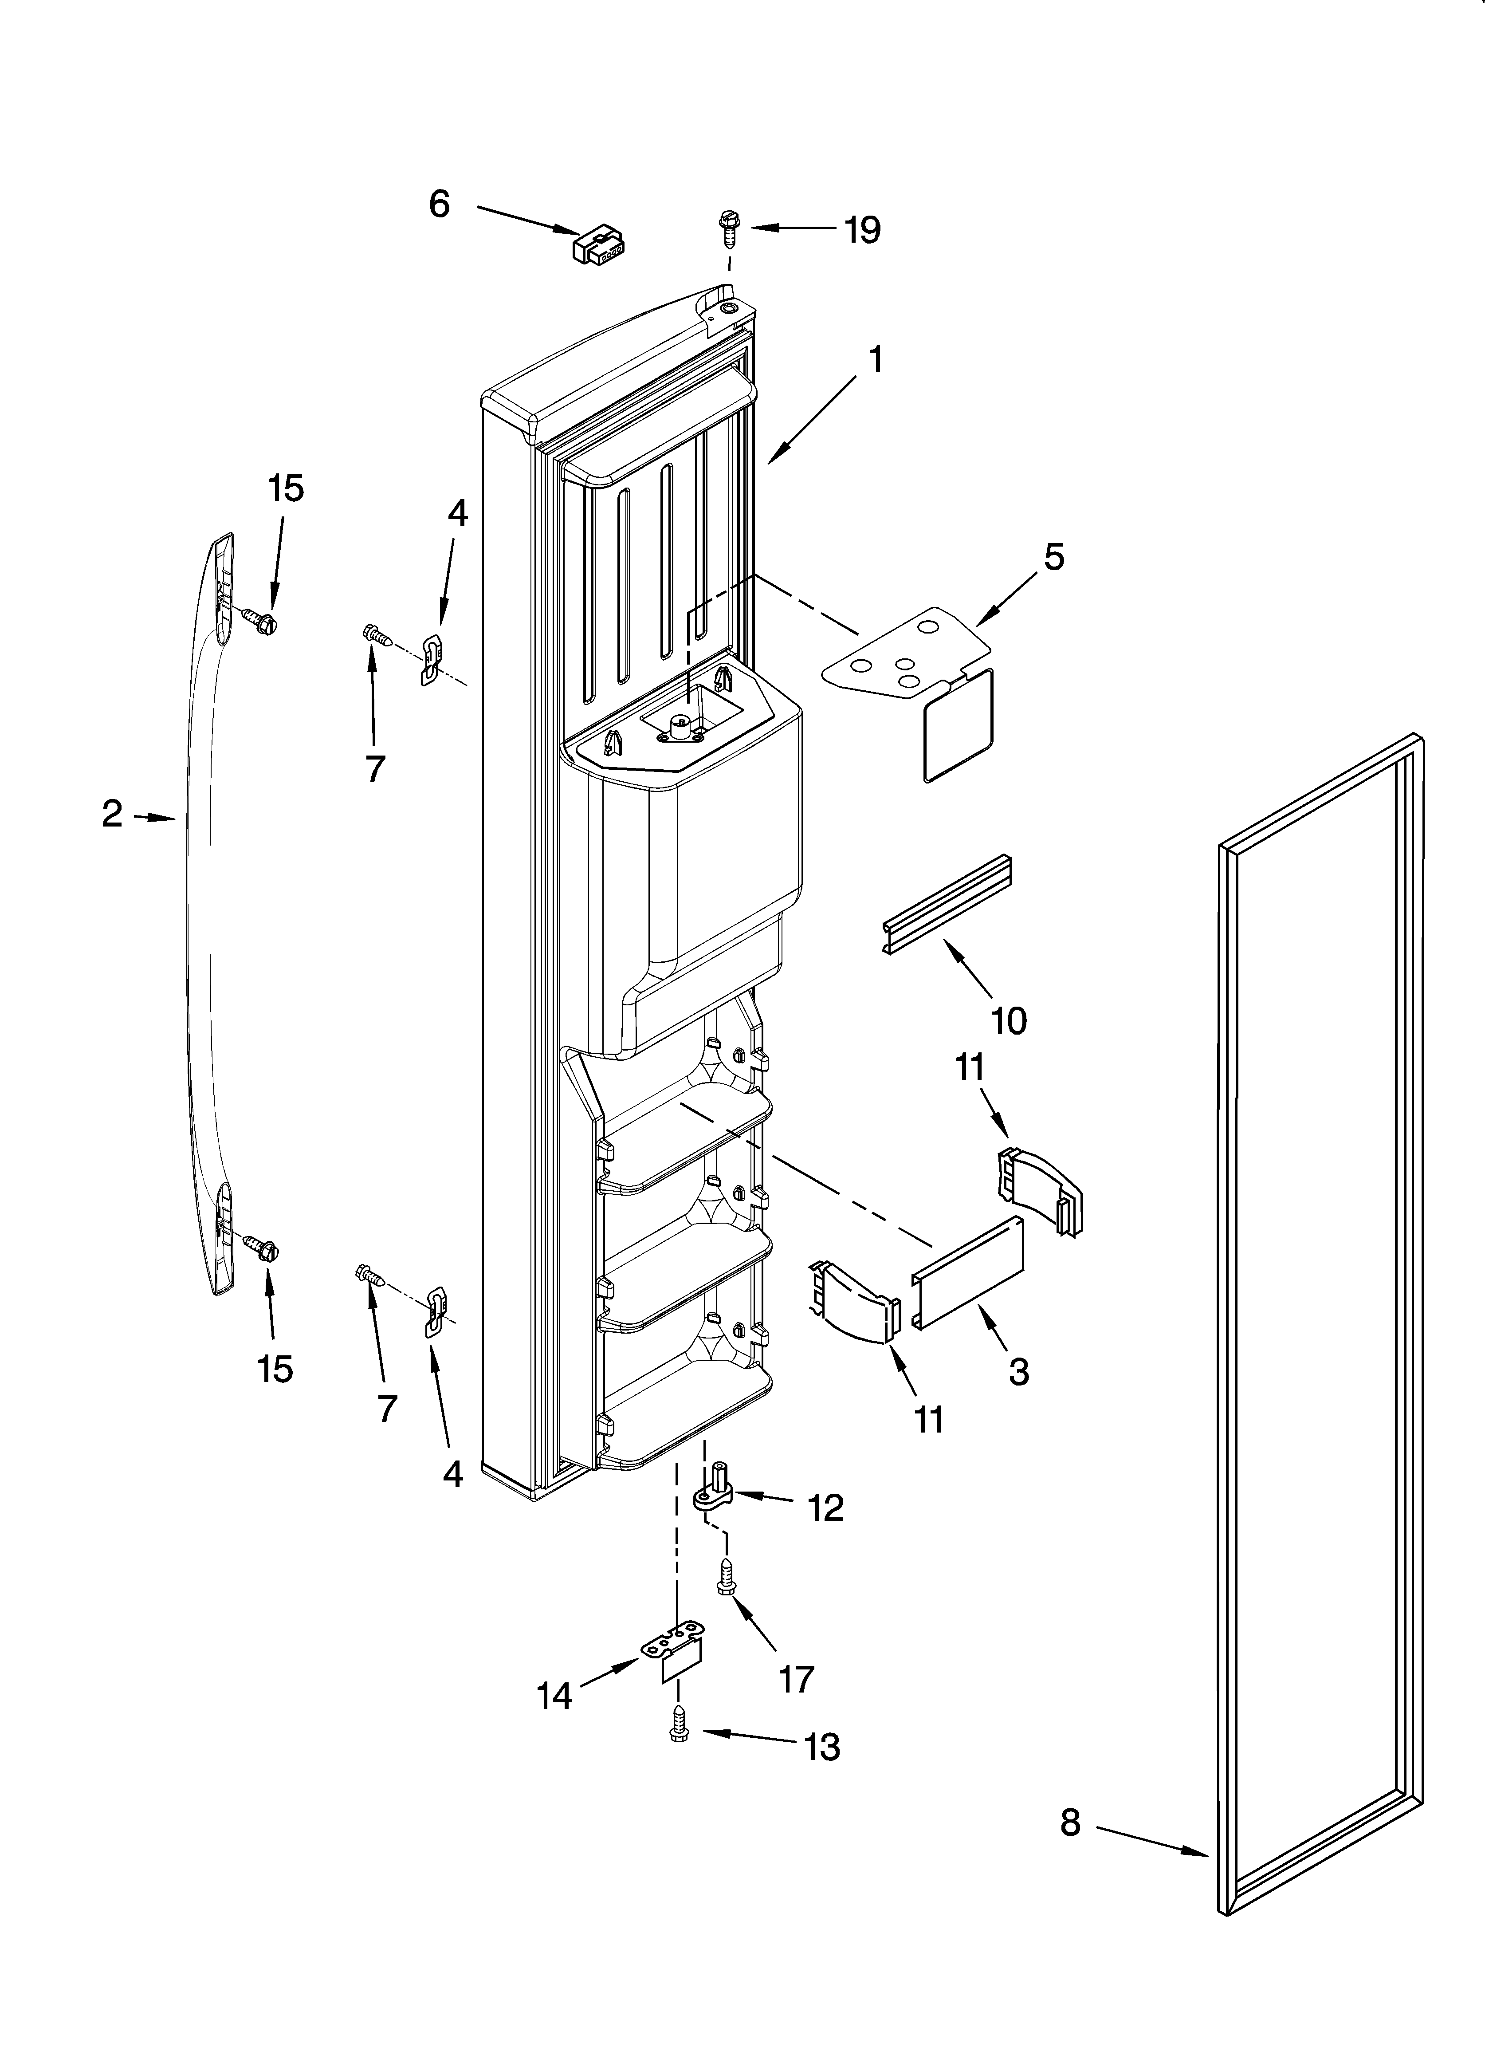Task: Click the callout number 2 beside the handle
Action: [112, 815]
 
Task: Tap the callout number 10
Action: [1008, 1021]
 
